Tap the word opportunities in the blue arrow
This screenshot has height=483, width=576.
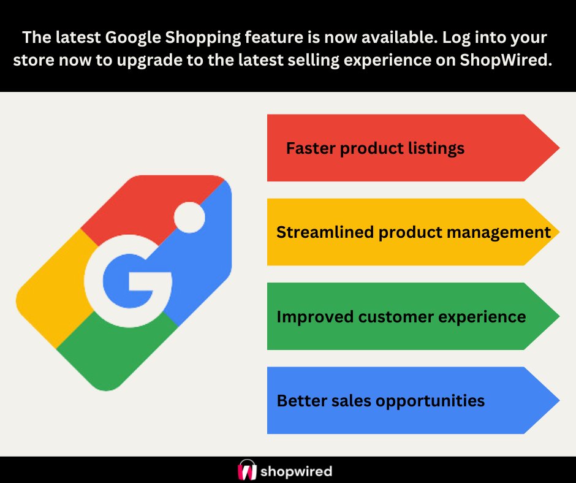(430, 401)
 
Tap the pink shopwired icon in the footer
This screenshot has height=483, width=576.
(246, 470)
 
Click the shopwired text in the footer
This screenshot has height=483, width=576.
(296, 471)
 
